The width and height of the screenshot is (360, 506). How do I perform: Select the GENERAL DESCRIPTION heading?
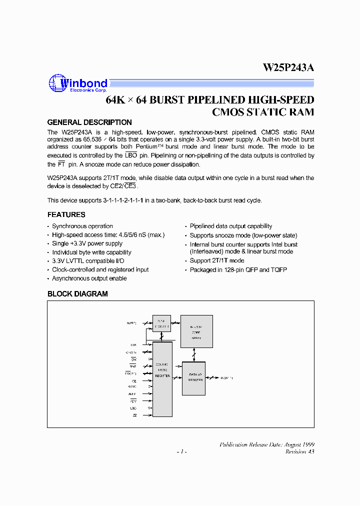89,122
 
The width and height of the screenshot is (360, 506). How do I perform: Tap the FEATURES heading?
66,215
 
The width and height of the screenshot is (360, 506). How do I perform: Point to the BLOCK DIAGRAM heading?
77,294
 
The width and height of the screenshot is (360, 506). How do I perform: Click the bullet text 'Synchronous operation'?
82,226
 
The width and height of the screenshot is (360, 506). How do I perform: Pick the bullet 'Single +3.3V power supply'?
87,244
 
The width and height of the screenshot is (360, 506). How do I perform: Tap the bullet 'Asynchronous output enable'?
89,278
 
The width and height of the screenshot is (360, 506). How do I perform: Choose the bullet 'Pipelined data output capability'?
231,226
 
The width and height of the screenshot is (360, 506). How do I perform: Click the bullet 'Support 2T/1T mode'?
217,261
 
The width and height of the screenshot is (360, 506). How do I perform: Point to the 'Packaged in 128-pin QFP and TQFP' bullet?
238,270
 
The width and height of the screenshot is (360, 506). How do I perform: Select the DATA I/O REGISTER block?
195,377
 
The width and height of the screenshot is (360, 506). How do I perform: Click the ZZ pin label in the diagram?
134,415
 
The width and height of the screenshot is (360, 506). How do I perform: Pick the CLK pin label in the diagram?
133,344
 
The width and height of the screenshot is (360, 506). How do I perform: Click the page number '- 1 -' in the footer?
181,451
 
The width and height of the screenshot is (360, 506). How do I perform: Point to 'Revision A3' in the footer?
299,451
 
